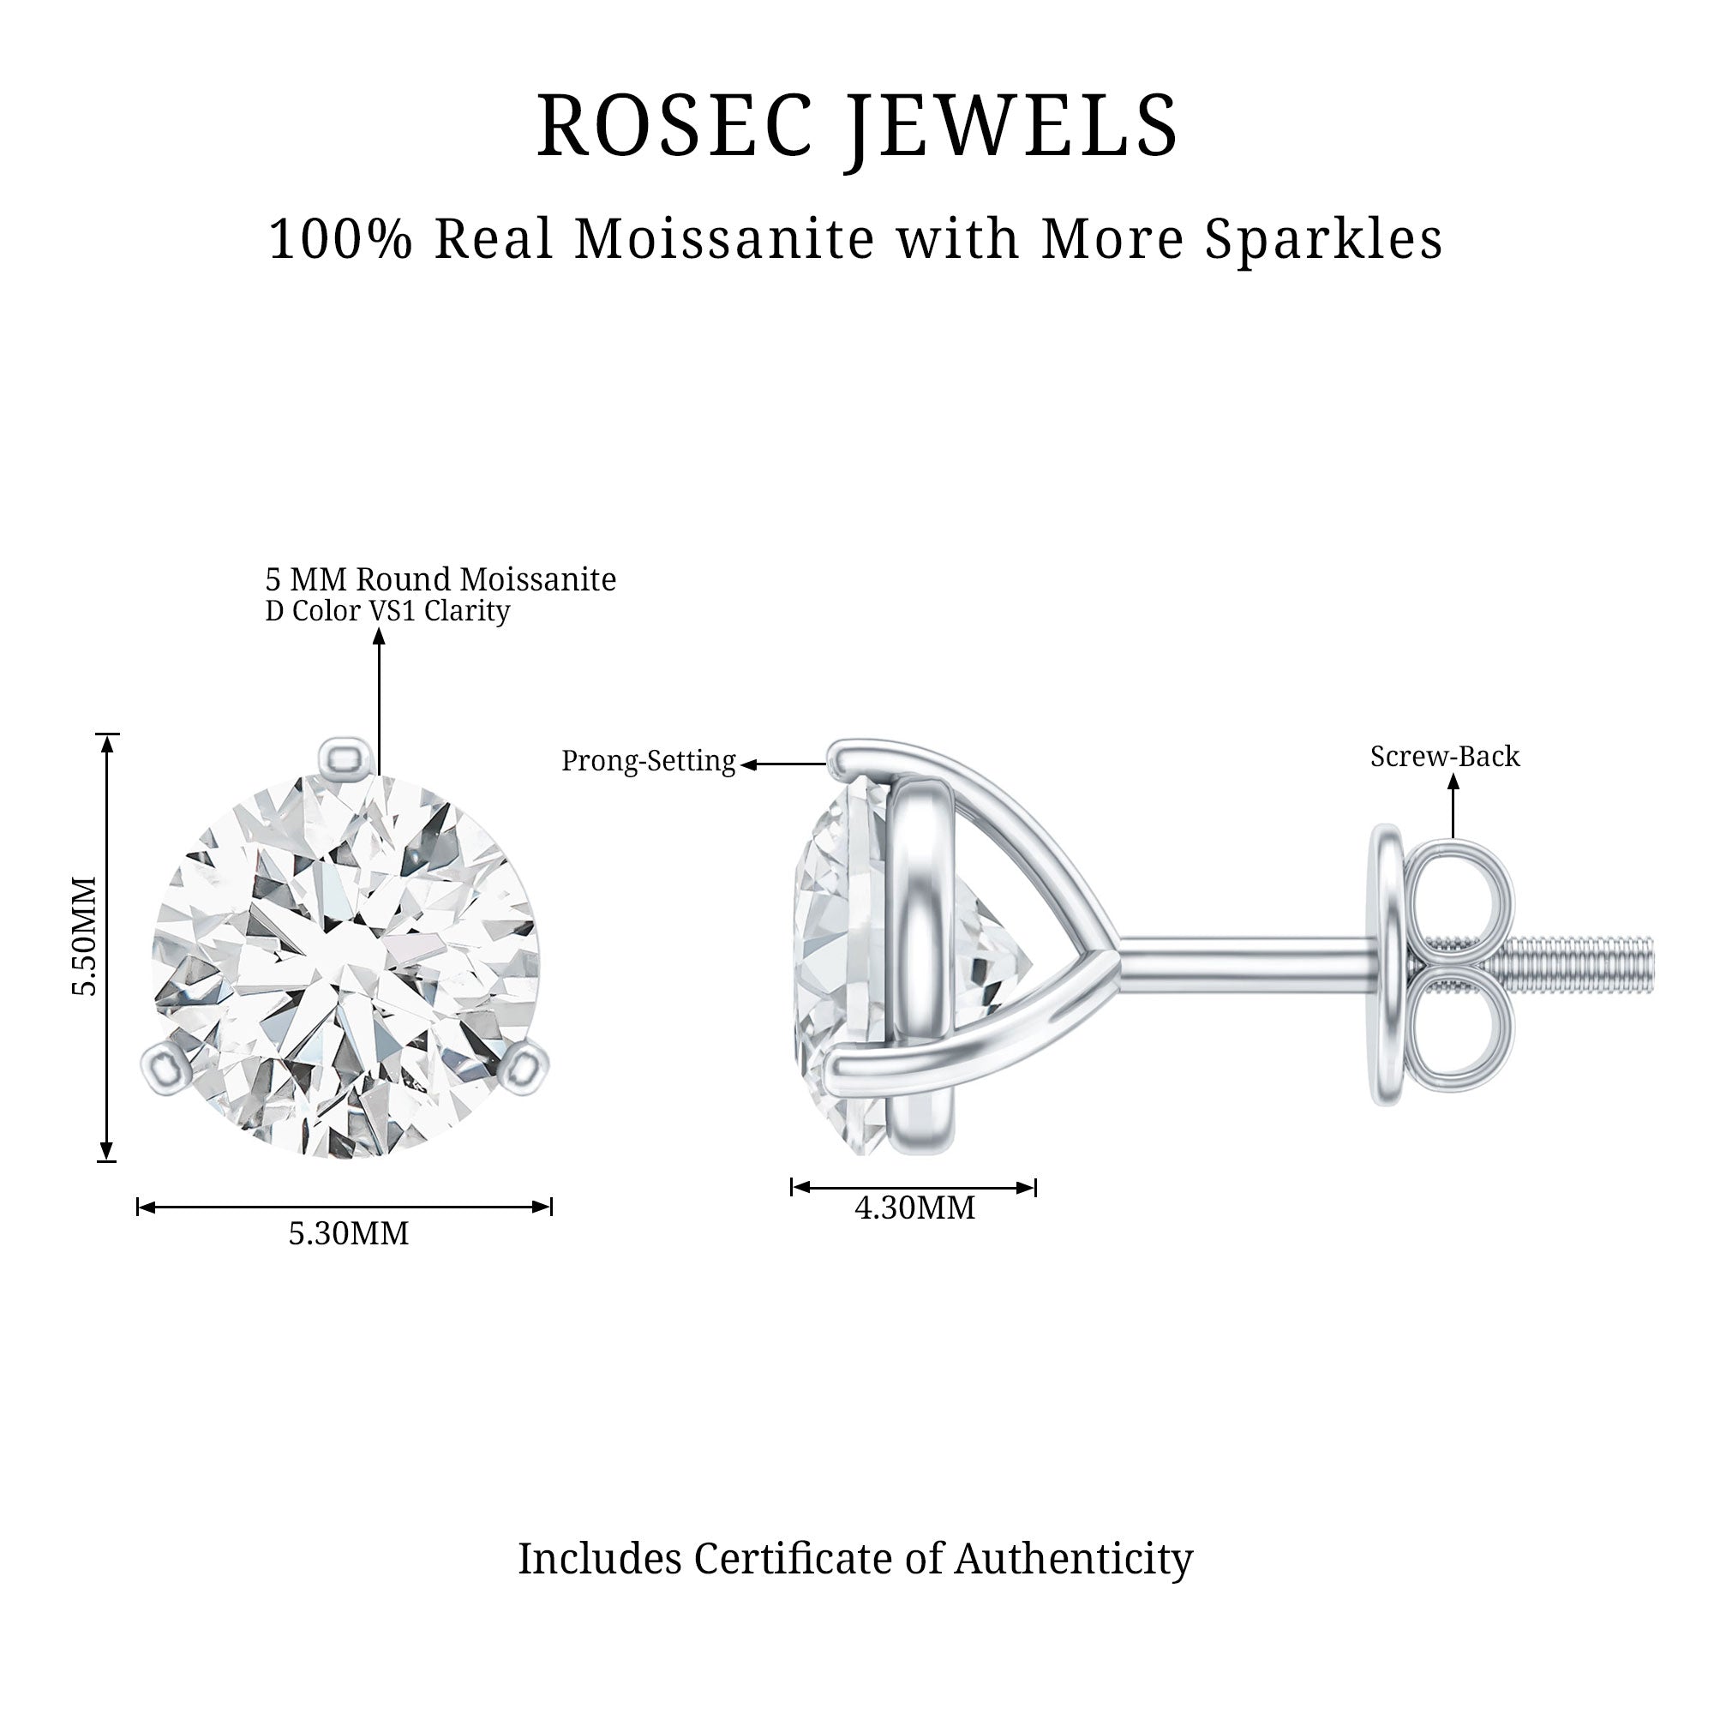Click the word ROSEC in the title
pos(674,126)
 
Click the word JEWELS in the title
pos(1011,126)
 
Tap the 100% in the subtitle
pos(341,240)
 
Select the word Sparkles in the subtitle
pos(1322,240)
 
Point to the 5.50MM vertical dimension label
pos(84,937)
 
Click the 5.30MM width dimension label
pos(349,1234)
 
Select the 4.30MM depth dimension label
pos(914,1208)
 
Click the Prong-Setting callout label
pos(649,761)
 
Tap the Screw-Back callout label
pos(1444,757)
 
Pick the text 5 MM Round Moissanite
pos(440,580)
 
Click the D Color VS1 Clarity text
pos(387,611)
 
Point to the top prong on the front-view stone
pos(345,758)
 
